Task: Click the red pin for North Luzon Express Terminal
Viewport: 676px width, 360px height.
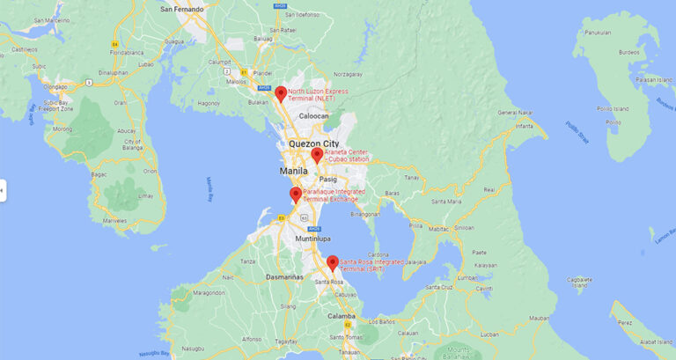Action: pos(281,93)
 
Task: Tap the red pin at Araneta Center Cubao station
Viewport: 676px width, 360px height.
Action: pos(317,155)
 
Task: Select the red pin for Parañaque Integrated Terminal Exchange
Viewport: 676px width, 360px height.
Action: pos(296,195)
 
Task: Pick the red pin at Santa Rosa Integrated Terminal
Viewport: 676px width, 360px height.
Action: pos(333,262)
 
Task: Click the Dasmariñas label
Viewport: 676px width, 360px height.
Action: pos(285,276)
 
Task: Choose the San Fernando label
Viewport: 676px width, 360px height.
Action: pos(182,10)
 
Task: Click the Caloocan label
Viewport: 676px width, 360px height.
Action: pos(314,116)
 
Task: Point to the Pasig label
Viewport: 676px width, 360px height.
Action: pos(327,180)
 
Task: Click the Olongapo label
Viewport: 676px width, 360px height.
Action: pos(55,87)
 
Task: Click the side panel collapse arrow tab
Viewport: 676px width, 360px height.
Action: pos(3,189)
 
